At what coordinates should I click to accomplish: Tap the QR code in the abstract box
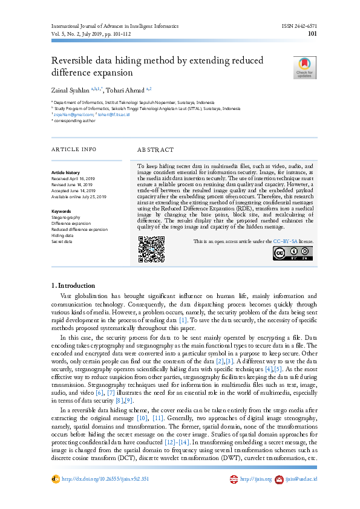(x=151, y=248)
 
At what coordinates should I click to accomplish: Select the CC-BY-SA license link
(x=285, y=241)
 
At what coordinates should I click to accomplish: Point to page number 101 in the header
(x=313, y=34)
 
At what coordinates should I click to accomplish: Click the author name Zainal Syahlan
(x=71, y=90)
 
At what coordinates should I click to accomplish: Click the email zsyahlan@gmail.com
(x=73, y=114)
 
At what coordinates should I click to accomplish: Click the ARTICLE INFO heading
(x=73, y=149)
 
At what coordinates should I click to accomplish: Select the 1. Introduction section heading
(x=73, y=285)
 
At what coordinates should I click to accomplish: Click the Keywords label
(x=61, y=211)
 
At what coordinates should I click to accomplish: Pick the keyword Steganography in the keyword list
(x=66, y=217)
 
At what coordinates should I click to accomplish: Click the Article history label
(x=65, y=172)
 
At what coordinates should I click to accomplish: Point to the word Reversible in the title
(x=75, y=61)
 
